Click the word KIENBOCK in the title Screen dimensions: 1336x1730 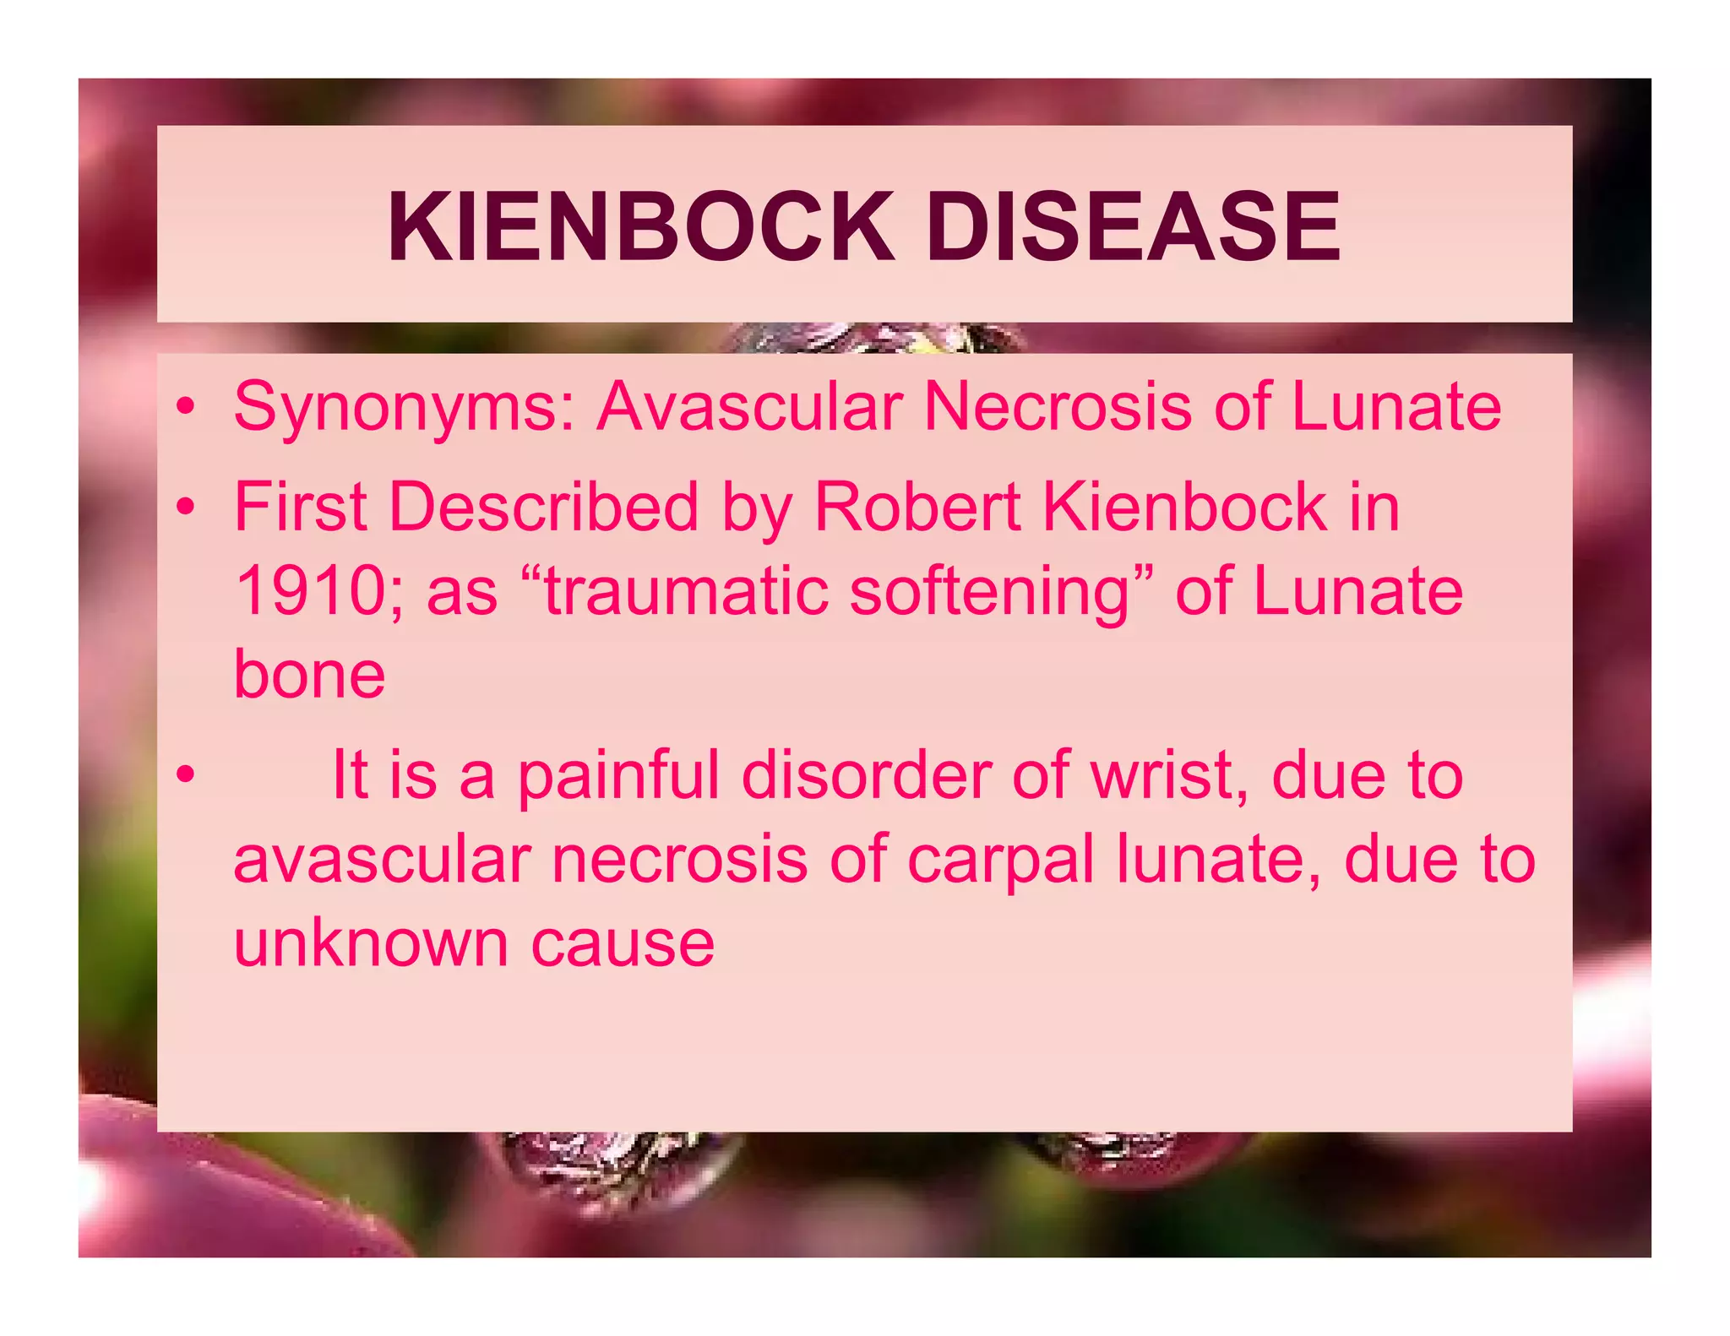640,226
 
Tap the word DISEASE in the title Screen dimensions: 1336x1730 1133,226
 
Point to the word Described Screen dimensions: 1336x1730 543,508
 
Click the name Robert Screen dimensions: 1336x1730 917,508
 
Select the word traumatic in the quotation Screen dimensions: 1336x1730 687,591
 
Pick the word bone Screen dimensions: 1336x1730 309,675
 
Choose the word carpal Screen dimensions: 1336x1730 999,861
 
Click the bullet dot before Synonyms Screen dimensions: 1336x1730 186,407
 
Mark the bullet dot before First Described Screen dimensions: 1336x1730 186,508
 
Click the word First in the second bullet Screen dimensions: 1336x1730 300,508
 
